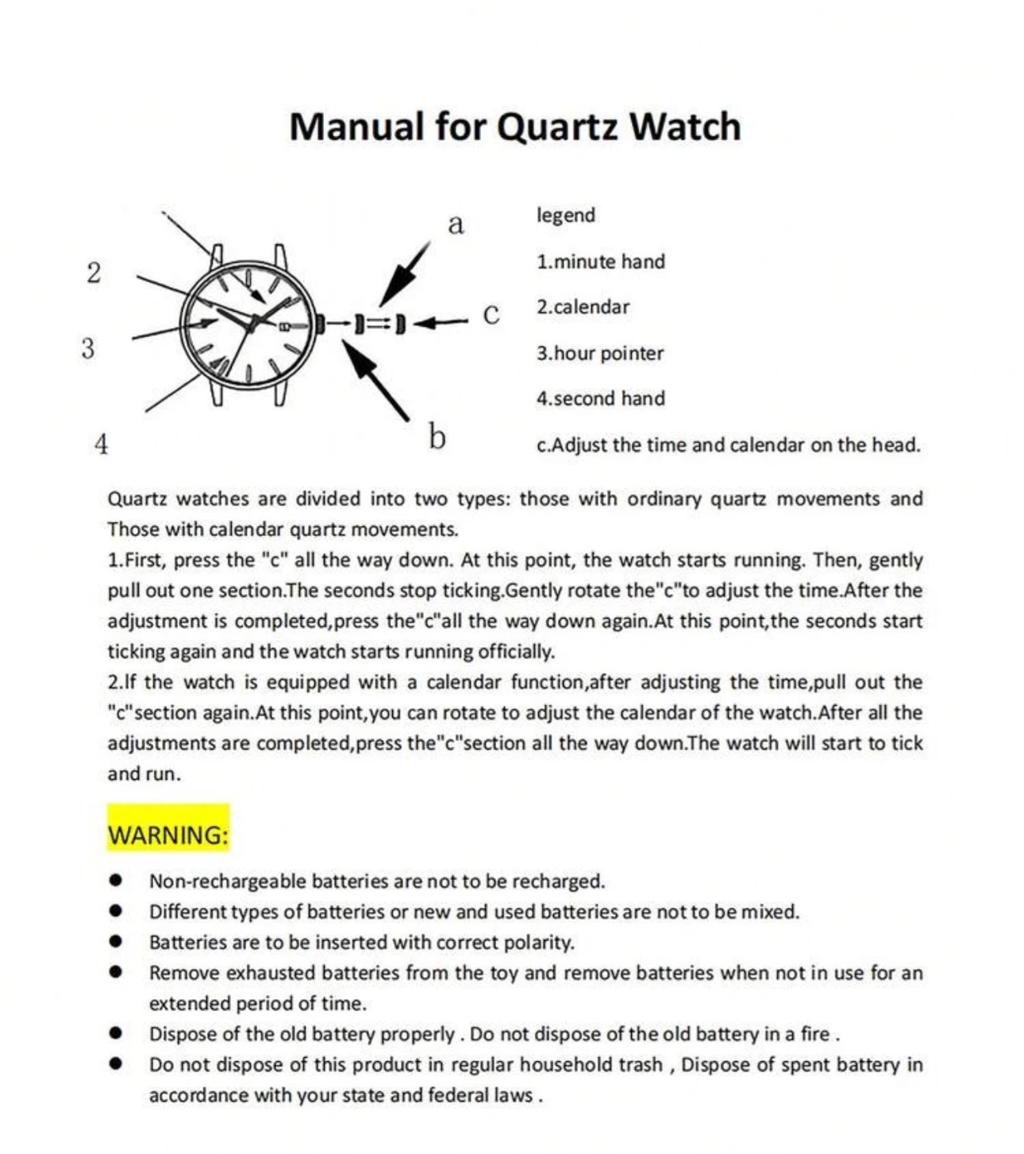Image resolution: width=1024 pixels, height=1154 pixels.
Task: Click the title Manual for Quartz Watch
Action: click(x=515, y=127)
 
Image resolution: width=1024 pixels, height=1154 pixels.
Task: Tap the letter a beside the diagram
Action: click(x=455, y=224)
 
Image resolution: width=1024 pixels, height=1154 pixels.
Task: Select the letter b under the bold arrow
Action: click(x=436, y=437)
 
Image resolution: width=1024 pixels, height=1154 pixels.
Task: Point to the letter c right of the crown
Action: click(x=491, y=314)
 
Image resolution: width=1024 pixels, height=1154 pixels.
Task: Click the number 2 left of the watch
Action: click(x=94, y=272)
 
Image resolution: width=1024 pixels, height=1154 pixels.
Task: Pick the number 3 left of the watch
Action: click(x=87, y=349)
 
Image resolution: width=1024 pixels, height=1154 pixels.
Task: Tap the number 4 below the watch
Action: click(x=101, y=443)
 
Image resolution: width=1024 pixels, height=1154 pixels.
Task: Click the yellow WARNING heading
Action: click(x=168, y=834)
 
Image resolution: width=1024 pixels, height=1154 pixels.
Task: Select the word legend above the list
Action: click(x=566, y=216)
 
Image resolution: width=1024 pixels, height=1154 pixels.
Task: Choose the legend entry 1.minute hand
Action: click(x=601, y=262)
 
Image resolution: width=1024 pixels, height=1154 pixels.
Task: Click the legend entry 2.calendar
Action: click(x=583, y=307)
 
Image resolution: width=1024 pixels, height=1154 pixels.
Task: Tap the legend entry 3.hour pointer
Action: click(x=600, y=353)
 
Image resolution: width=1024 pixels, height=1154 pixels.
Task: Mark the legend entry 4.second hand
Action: click(x=601, y=398)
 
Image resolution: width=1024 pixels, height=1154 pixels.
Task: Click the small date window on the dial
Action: click(x=284, y=325)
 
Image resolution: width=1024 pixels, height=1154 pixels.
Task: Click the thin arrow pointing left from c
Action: click(x=440, y=323)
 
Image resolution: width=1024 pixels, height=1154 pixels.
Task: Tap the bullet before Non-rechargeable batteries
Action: click(x=116, y=880)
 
